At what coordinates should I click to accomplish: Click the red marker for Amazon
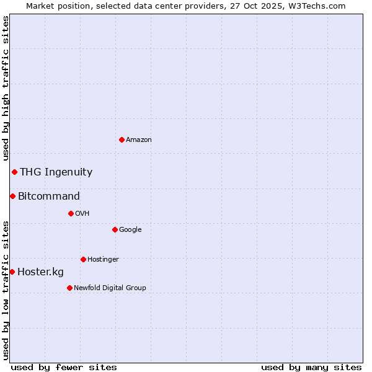click(x=122, y=139)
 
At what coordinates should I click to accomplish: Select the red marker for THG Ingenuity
click(x=14, y=172)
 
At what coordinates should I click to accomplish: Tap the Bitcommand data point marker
click(x=12, y=196)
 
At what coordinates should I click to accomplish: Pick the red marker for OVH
click(x=71, y=213)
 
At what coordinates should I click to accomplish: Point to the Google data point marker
click(x=115, y=229)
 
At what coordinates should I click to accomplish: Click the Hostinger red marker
click(x=83, y=259)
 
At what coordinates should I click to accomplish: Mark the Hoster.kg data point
click(x=12, y=272)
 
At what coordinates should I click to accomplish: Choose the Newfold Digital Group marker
click(x=69, y=288)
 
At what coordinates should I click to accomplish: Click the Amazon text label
click(x=139, y=140)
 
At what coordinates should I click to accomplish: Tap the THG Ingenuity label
click(x=56, y=172)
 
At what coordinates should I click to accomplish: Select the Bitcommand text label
click(x=49, y=197)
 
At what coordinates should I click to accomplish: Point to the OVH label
click(x=82, y=214)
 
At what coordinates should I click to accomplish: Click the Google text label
click(x=130, y=230)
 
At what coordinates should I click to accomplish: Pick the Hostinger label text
click(x=103, y=259)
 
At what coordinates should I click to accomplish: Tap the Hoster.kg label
click(x=40, y=272)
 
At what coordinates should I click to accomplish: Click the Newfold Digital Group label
click(x=110, y=288)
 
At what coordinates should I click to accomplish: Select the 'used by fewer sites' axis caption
click(x=64, y=367)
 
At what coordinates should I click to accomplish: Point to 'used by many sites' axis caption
click(x=311, y=367)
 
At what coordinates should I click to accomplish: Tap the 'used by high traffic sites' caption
click(x=6, y=88)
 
